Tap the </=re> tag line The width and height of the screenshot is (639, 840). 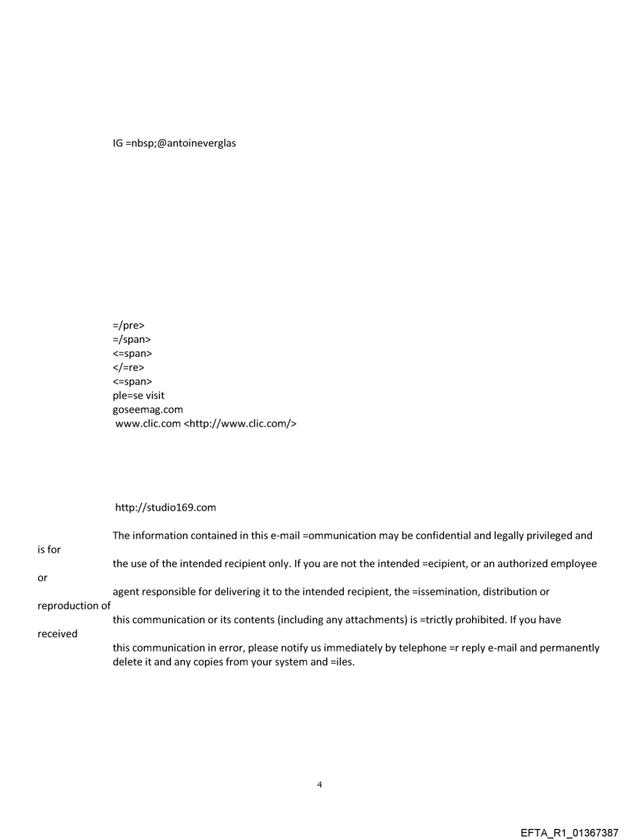click(x=129, y=367)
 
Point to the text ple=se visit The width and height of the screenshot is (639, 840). click(x=139, y=395)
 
